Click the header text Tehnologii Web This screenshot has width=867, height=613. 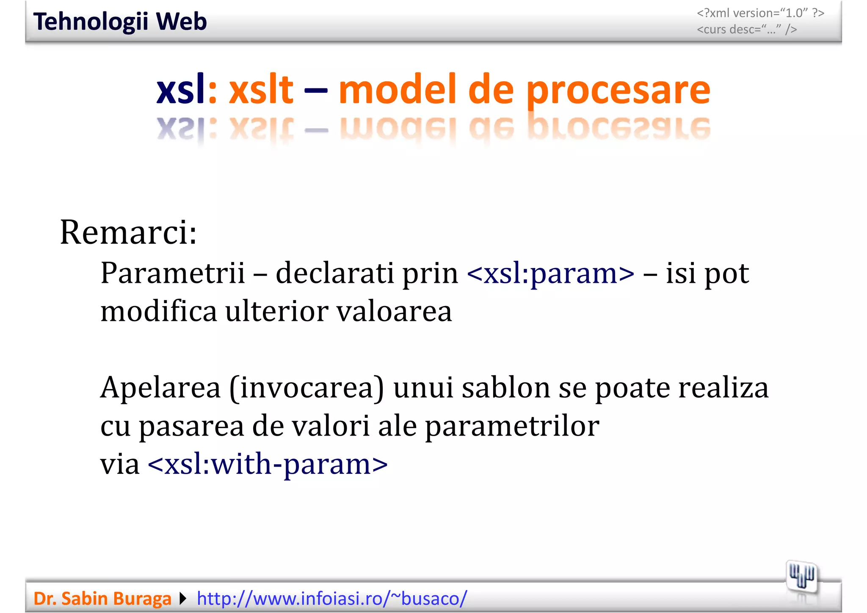coord(120,22)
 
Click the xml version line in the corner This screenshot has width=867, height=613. coord(760,13)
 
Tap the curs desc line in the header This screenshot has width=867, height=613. coord(747,29)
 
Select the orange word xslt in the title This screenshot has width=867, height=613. coord(261,90)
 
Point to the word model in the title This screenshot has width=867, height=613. coord(397,90)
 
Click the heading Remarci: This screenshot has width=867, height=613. coord(128,232)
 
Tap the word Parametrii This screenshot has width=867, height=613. coord(173,273)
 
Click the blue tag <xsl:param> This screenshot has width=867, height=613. coord(550,273)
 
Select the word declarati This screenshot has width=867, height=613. coord(334,273)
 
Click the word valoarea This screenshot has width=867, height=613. coord(394,311)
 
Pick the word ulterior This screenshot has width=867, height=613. coord(276,311)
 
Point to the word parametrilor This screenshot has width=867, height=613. coord(512,426)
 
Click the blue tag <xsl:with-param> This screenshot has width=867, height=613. coord(268,464)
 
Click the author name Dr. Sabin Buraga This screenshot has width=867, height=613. coord(102,599)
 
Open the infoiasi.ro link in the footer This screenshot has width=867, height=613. coord(332,599)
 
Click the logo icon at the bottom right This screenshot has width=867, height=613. coord(801,577)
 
